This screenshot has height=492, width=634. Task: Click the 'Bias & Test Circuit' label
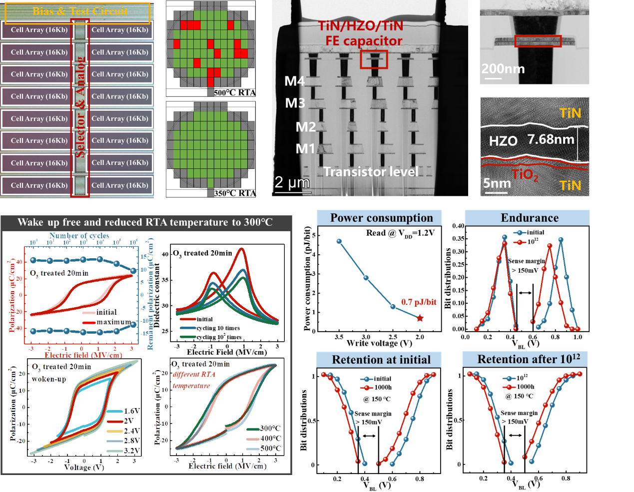(x=80, y=11)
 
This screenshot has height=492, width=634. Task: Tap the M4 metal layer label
(x=294, y=81)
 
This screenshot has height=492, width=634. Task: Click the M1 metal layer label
(x=305, y=148)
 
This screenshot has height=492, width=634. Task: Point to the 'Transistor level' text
(x=371, y=172)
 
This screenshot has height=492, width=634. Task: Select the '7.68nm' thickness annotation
(x=551, y=139)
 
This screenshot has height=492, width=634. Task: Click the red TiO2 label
(x=525, y=175)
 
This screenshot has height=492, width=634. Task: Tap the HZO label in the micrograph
(x=503, y=141)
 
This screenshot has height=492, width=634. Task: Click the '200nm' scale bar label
(x=503, y=69)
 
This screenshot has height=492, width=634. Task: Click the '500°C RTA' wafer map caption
(x=234, y=92)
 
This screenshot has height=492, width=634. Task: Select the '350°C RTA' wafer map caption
(x=234, y=193)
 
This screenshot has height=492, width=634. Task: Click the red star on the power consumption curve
(x=420, y=318)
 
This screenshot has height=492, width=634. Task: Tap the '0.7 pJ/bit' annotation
(x=419, y=302)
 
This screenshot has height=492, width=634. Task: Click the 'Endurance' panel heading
(x=529, y=218)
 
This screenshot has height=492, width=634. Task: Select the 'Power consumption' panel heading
(x=381, y=218)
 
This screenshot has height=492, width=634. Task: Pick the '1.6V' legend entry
(x=132, y=411)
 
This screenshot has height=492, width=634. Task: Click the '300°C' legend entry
(x=270, y=428)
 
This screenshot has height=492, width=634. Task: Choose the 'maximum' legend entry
(x=113, y=322)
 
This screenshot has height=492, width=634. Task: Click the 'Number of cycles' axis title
(x=79, y=236)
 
